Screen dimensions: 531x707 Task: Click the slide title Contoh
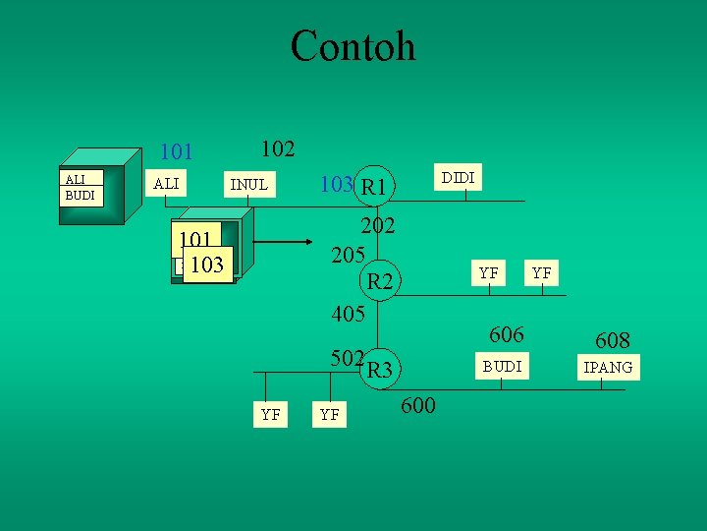click(353, 46)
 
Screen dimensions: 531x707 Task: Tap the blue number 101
click(177, 152)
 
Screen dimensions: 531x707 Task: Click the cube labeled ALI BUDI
click(88, 187)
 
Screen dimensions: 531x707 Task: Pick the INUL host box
click(248, 184)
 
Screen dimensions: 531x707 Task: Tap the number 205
click(349, 254)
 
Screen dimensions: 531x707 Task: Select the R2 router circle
click(379, 283)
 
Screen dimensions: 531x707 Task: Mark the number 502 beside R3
click(347, 358)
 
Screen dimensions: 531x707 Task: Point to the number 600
click(418, 405)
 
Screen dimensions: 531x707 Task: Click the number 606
click(507, 335)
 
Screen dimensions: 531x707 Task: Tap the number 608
click(612, 341)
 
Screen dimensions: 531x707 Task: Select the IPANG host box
click(609, 369)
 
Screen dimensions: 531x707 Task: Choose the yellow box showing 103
click(207, 264)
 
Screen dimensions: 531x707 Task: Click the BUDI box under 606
click(501, 366)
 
